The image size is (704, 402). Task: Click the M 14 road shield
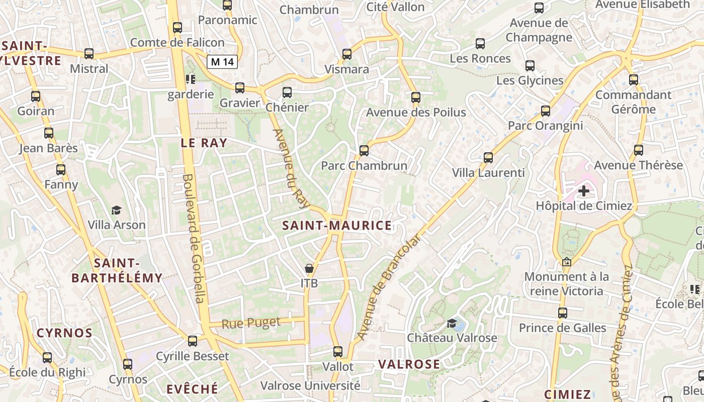(x=222, y=62)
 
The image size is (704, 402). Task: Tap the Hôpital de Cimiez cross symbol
(x=584, y=191)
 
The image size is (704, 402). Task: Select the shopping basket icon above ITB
(x=309, y=269)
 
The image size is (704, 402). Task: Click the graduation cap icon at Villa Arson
(x=117, y=211)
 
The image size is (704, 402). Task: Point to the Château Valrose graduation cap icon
(x=452, y=323)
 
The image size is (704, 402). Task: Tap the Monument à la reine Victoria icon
(x=567, y=262)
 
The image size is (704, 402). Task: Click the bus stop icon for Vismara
(x=346, y=54)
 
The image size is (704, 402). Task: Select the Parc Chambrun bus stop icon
(x=364, y=150)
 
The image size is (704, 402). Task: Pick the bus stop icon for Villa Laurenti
(x=488, y=158)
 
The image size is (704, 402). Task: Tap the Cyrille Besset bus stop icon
(x=193, y=341)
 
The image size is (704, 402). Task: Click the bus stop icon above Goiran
(x=36, y=96)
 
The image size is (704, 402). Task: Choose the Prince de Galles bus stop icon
(x=562, y=313)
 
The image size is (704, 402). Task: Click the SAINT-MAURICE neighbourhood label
(x=336, y=226)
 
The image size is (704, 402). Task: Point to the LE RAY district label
(x=204, y=143)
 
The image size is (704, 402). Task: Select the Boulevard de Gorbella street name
(x=194, y=238)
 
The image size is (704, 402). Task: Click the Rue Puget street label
(x=251, y=323)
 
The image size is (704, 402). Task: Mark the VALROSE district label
(x=408, y=364)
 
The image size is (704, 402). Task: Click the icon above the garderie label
(x=190, y=79)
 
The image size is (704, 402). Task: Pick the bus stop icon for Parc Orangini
(x=546, y=111)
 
